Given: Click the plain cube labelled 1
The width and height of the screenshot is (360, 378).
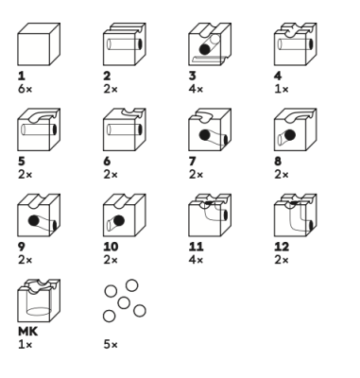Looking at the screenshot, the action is point(39,44).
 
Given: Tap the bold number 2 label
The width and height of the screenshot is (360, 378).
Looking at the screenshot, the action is point(107,76).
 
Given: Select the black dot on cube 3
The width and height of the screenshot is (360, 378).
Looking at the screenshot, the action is point(205,49).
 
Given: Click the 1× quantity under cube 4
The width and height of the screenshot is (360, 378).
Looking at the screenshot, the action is point(282,89).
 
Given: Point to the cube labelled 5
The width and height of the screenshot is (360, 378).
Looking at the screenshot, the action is point(39,129).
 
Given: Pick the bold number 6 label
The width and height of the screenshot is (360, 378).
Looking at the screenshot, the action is point(107,162).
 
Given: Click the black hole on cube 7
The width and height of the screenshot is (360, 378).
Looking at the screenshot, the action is point(205,135).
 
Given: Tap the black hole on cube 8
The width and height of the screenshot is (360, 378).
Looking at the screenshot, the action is point(290,135).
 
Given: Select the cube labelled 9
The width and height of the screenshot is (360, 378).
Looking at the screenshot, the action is point(39,215).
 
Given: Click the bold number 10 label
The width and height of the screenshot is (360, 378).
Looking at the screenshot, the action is point(111,247).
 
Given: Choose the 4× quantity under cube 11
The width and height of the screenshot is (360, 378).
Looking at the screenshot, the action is point(196,260).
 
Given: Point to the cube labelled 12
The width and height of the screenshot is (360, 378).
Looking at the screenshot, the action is point(296,215).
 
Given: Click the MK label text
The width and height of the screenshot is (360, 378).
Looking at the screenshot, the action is point(28,332).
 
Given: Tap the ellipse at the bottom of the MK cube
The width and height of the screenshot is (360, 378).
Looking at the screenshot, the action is point(39,312).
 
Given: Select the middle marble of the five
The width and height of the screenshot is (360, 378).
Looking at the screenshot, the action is point(124,303).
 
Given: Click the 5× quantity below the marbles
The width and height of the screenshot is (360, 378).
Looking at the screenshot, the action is point(111,345).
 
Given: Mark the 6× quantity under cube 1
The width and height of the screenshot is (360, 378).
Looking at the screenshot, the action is point(26,89).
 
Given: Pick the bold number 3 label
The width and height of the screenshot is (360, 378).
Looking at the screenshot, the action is point(193,76).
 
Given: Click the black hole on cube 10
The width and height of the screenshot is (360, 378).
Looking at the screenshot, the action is point(119,220).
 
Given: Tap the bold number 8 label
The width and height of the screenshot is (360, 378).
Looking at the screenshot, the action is point(278,162).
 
